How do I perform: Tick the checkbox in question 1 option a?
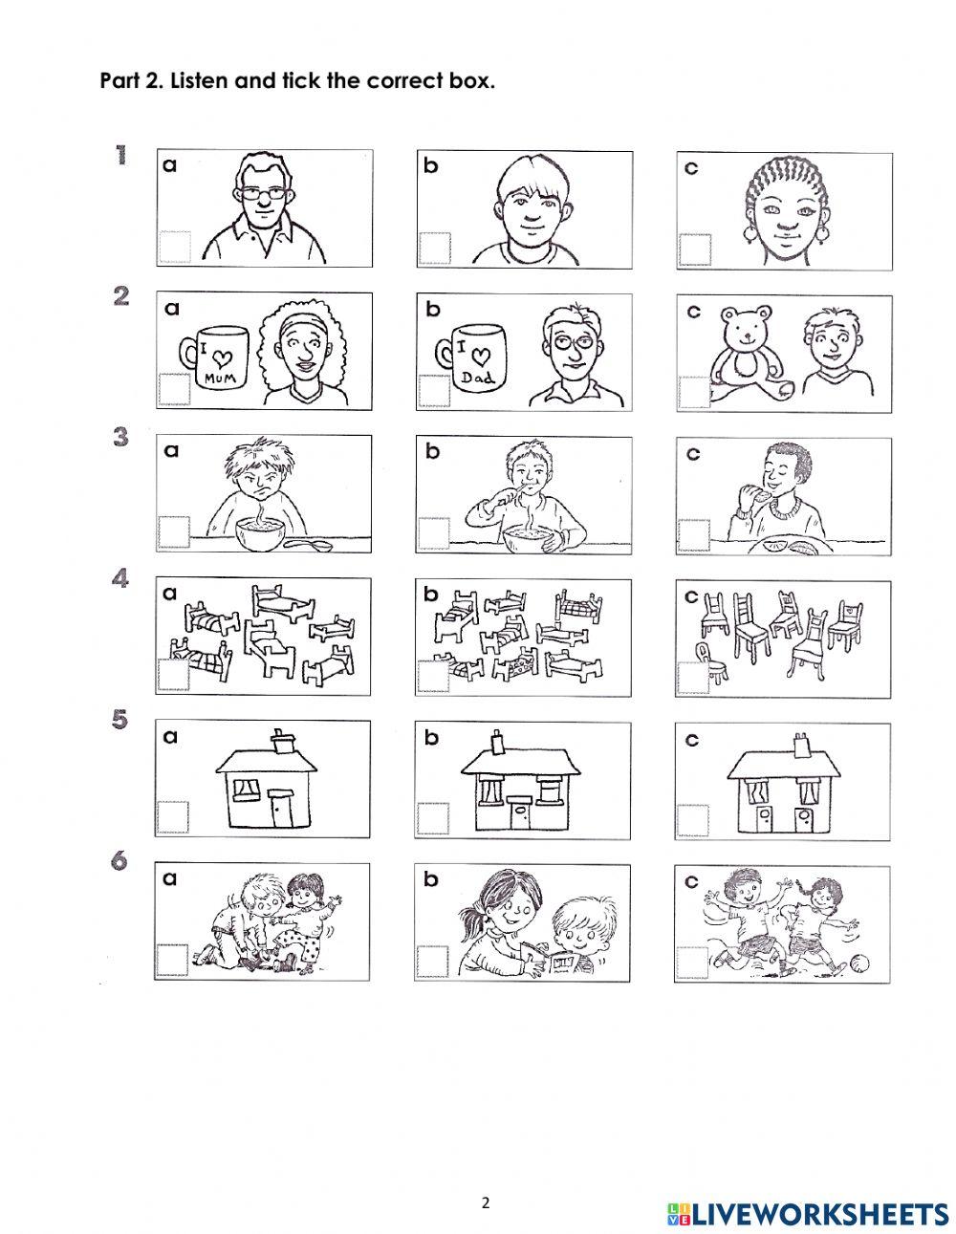[x=174, y=247]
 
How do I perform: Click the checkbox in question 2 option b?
[x=434, y=390]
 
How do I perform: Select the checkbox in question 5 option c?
[x=692, y=820]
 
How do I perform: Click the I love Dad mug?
[x=471, y=357]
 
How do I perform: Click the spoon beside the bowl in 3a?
[x=308, y=545]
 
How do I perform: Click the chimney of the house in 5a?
[x=284, y=741]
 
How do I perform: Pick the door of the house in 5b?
[x=519, y=815]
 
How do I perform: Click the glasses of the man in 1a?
[x=262, y=194]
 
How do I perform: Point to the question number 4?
[x=120, y=579]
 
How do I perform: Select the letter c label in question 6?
[x=691, y=882]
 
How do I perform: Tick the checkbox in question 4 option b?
[x=432, y=677]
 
